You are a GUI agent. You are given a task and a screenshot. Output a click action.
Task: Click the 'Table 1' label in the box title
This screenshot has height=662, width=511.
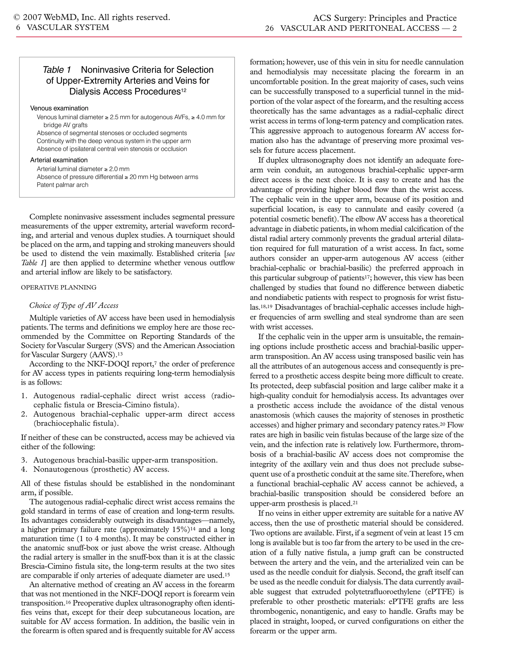tap(57, 70)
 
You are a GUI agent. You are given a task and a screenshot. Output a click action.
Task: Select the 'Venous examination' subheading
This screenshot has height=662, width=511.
tap(59, 108)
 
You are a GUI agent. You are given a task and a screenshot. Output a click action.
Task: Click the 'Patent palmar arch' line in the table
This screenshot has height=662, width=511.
tap(62, 185)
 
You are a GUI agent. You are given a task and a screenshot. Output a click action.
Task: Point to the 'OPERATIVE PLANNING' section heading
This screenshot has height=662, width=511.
tap(59, 287)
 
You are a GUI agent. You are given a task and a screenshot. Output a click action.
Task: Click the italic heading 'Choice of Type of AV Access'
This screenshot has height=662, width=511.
tap(74, 306)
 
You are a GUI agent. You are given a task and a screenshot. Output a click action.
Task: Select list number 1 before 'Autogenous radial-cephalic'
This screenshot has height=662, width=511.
tap(24, 396)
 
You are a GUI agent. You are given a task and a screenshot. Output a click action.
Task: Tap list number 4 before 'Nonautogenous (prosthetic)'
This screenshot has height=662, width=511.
tap(24, 469)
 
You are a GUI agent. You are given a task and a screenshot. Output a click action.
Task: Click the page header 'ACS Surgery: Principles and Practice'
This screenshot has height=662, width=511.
tap(384, 18)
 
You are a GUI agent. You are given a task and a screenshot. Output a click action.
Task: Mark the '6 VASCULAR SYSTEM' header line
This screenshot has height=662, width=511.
tap(62, 27)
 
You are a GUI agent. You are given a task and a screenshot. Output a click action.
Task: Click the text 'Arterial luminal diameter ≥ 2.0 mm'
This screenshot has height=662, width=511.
tap(83, 169)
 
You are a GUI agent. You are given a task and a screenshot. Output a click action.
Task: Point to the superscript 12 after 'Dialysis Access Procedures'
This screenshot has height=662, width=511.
tap(184, 90)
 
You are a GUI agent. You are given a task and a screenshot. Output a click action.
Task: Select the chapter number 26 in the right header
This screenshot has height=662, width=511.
tap(269, 29)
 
